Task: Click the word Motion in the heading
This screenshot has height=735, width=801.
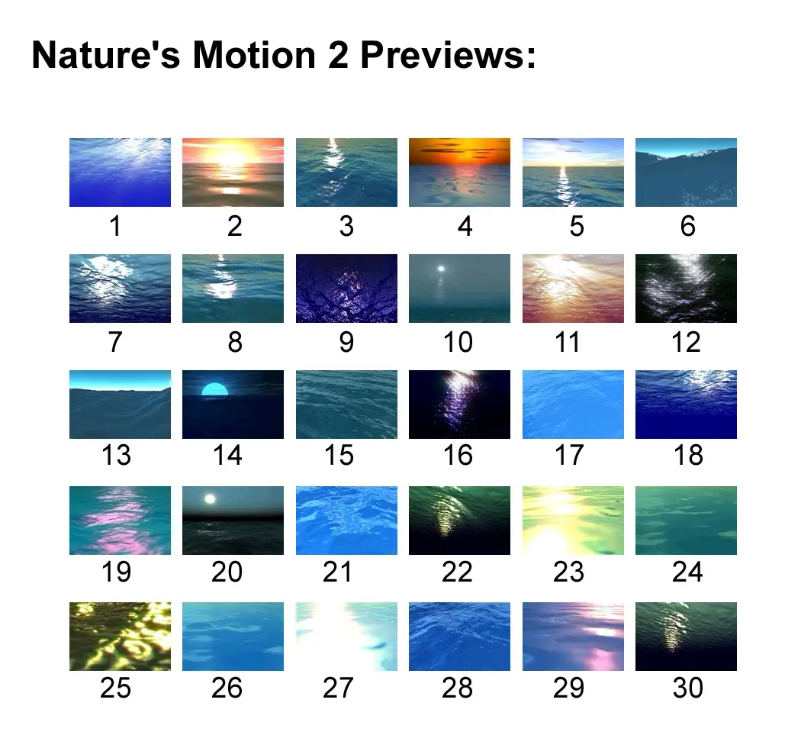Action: [x=254, y=55]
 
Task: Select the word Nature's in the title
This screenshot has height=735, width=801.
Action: [x=106, y=55]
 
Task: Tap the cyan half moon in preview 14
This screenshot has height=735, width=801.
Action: [x=214, y=389]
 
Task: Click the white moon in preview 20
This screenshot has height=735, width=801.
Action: [x=210, y=499]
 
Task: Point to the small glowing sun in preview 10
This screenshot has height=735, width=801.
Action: [x=441, y=269]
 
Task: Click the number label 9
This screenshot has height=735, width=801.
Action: [x=346, y=342]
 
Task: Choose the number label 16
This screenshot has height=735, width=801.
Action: [x=458, y=455]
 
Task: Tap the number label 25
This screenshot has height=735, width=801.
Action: [x=115, y=688]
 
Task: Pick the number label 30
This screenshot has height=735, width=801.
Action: [x=687, y=688]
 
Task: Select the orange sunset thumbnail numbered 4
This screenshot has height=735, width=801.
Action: [x=459, y=172]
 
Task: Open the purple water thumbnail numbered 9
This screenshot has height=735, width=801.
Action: [x=346, y=289]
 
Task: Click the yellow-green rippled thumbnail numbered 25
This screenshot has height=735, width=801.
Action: [x=120, y=637]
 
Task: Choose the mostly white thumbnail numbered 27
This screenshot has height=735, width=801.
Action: [x=346, y=637]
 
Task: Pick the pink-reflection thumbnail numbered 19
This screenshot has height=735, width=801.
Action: [x=120, y=521]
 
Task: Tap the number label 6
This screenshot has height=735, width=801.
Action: [x=687, y=226]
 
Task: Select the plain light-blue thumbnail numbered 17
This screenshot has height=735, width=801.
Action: [x=573, y=405]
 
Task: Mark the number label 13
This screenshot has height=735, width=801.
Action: [x=116, y=455]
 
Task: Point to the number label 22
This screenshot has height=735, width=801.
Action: [x=457, y=572]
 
